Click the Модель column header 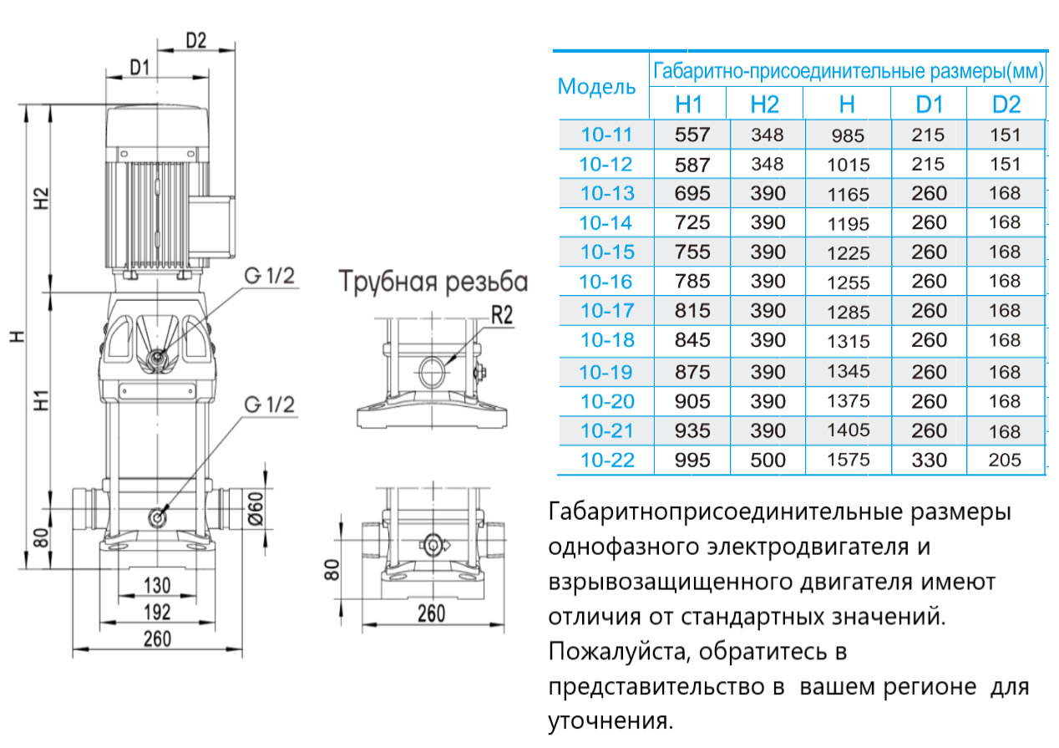coord(596,86)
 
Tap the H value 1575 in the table coord(848,461)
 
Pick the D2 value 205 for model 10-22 coord(1005,461)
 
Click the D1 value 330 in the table coord(929,461)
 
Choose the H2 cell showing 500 coord(768,461)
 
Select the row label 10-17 coord(607,311)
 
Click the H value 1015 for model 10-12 coord(848,165)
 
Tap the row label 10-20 coord(607,402)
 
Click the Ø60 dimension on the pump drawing coord(256,506)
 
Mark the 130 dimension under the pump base coord(157,584)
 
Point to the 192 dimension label coord(157,612)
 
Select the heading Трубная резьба coord(433,282)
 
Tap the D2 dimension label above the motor coord(195,39)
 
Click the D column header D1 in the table coord(929,104)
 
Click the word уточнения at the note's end coord(610,720)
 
